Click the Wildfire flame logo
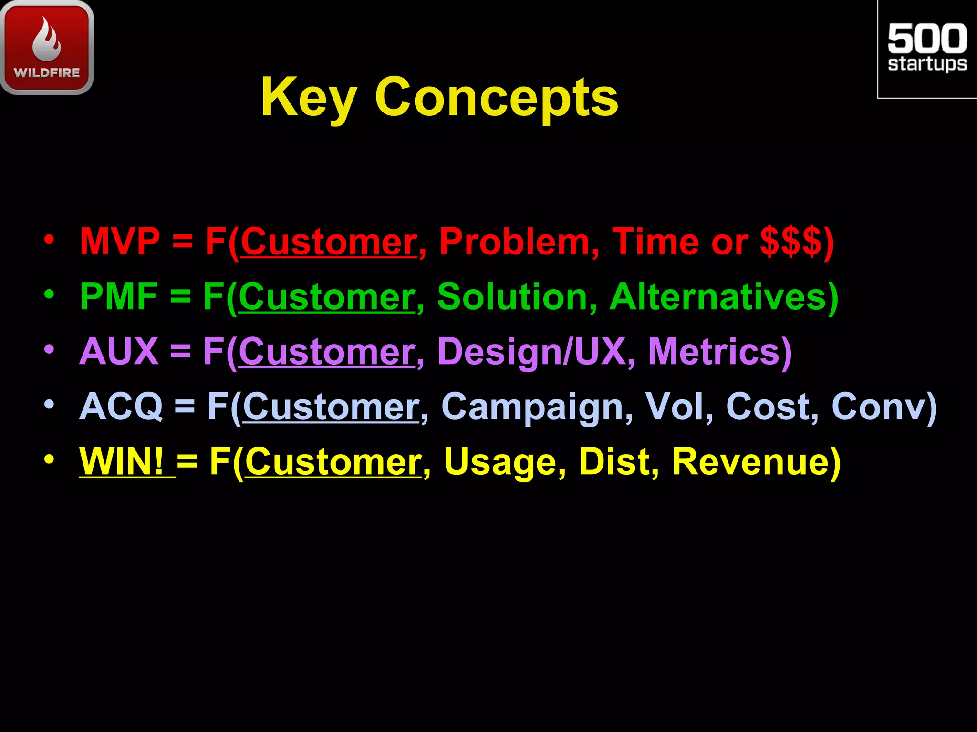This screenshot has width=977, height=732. (47, 47)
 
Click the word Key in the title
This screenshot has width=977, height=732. (308, 98)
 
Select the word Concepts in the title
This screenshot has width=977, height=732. (496, 98)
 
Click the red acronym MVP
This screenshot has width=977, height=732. (120, 242)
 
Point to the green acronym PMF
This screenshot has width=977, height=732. (119, 296)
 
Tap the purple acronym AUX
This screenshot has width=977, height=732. (119, 352)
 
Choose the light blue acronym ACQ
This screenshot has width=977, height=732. (121, 407)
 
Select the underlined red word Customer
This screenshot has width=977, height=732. (329, 242)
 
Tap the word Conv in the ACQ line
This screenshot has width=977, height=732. (878, 407)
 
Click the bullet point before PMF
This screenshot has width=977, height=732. (49, 295)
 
